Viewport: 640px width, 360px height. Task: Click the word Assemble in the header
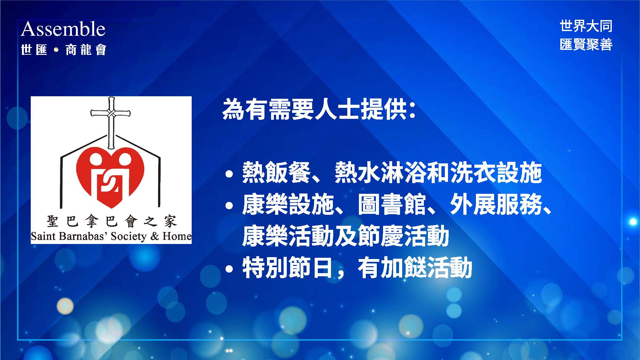63,29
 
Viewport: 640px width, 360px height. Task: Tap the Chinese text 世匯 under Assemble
34,50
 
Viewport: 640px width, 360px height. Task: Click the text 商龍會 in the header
86,50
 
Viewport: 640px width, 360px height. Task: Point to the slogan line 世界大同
586,26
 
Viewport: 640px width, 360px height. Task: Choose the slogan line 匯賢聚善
586,44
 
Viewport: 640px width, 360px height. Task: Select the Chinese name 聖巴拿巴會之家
112,221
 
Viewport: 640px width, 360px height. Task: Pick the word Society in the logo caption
129,236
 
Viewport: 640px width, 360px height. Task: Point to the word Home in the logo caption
177,236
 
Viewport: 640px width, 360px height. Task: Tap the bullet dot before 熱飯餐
229,174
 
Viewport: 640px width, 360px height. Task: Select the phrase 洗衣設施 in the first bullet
496,173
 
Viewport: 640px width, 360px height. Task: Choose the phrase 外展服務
496,205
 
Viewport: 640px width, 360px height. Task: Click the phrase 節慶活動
403,236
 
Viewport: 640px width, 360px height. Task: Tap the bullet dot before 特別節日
229,269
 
